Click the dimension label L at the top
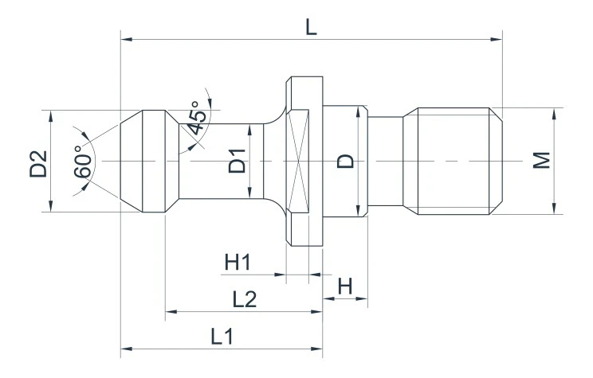tap(311, 25)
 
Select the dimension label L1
tap(222, 337)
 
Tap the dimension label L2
tap(244, 299)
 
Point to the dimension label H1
tap(237, 262)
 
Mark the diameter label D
tap(345, 162)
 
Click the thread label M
tap(542, 162)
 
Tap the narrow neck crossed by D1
tap(215, 162)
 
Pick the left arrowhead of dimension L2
tap(170, 311)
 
